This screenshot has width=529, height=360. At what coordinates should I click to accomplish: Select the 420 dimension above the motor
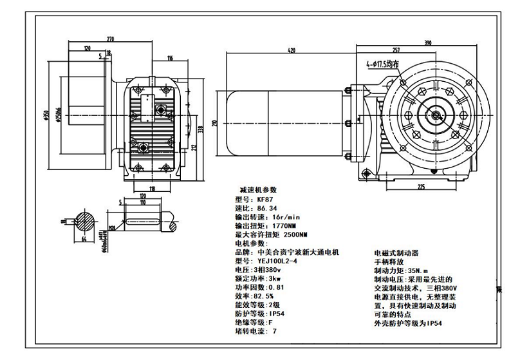click(292, 50)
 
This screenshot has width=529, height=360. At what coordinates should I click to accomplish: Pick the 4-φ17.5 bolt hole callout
click(383, 64)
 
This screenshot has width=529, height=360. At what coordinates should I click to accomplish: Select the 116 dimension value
click(169, 59)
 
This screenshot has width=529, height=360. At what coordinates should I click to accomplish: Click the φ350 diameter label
click(46, 115)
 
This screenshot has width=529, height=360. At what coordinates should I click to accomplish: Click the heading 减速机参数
click(257, 191)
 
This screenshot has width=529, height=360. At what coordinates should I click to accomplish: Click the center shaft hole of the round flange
click(436, 116)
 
